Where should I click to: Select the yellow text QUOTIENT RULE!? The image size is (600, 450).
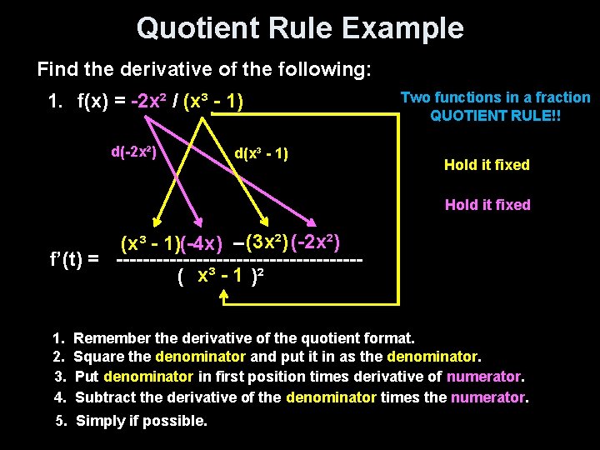tap(495, 117)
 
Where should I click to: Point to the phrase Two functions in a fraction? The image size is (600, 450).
tap(495, 97)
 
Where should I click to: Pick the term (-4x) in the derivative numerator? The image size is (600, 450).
tap(202, 243)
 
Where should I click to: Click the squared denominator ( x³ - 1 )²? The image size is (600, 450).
tap(221, 277)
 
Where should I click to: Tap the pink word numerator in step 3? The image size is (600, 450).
tap(484, 377)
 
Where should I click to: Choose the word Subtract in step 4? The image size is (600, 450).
tap(102, 397)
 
